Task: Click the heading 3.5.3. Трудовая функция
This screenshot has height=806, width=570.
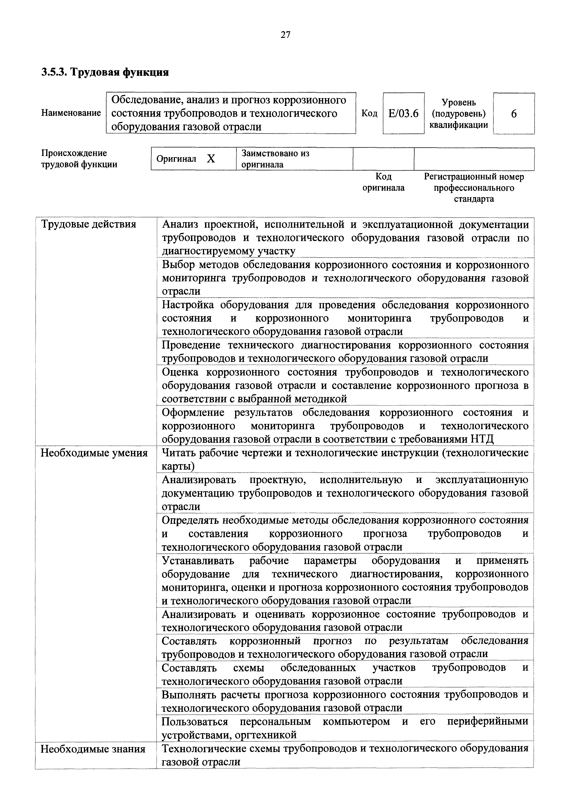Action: click(x=105, y=72)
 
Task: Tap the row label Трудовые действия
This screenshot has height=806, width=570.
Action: click(x=88, y=224)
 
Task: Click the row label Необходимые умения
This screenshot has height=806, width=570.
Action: click(x=94, y=453)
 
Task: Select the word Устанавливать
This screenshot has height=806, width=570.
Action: click(x=198, y=561)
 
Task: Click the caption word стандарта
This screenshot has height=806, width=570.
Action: click(x=473, y=199)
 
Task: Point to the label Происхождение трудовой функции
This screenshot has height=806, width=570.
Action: click(x=79, y=159)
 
